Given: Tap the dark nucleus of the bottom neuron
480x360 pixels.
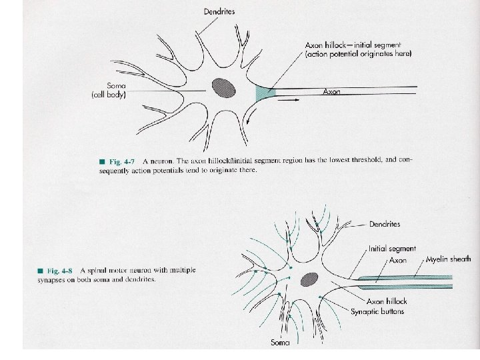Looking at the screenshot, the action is [x=308, y=280].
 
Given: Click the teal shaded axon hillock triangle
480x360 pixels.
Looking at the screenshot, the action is [x=264, y=93].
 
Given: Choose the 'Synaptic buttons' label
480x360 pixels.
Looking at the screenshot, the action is [x=377, y=311].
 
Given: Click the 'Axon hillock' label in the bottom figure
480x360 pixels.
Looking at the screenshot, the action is [x=383, y=301].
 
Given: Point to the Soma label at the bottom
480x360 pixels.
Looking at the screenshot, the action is [x=280, y=343].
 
